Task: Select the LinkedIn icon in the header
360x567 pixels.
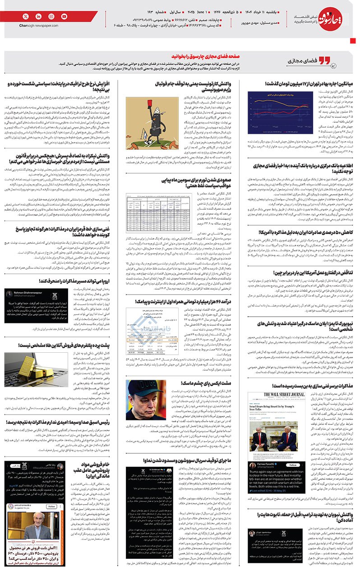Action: [38, 16]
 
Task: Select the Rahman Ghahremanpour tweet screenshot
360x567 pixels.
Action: [24, 305]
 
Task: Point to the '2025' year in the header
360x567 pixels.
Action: [214, 10]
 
